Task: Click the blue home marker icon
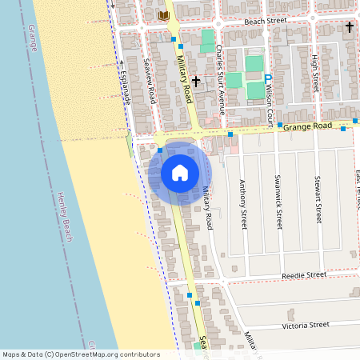180,172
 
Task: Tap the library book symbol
164,16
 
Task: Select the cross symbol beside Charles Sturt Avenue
195,81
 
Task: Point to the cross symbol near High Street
349,27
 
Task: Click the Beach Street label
266,22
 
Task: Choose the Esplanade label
125,85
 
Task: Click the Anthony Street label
243,205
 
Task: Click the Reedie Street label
304,275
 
